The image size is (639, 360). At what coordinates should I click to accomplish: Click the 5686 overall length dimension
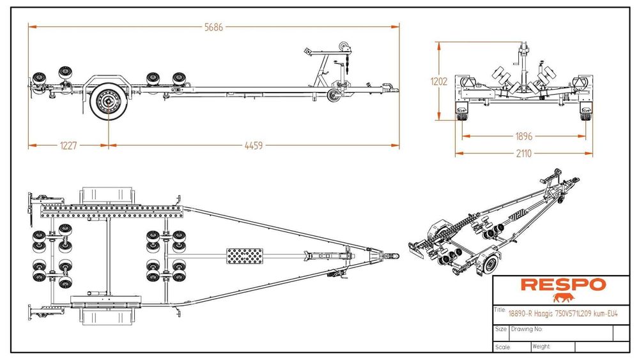click(x=214, y=27)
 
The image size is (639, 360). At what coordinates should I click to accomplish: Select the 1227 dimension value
click(x=68, y=146)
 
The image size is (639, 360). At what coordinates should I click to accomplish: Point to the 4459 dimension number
click(x=254, y=146)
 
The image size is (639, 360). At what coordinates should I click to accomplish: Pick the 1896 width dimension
click(x=523, y=136)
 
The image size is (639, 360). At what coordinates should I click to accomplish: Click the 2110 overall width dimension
click(x=523, y=153)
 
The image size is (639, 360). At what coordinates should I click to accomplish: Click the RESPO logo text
click(x=553, y=285)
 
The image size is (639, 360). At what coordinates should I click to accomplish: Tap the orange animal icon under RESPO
click(x=564, y=297)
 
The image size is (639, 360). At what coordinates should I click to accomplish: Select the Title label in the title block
click(x=500, y=309)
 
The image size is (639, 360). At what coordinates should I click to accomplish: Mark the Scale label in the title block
click(x=502, y=347)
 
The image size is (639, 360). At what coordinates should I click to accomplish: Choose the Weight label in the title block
click(x=541, y=346)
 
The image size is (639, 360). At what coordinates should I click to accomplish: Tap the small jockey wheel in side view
click(x=333, y=95)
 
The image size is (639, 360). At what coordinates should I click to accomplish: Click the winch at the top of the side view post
click(x=346, y=47)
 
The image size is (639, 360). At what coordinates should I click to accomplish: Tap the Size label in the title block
click(x=502, y=329)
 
